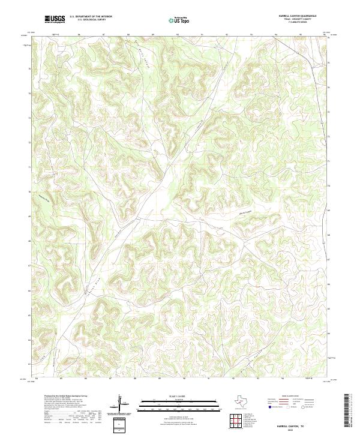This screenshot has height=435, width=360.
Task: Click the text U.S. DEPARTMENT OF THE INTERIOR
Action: tap(91, 17)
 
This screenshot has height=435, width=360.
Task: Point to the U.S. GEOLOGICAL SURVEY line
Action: tap(87, 20)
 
